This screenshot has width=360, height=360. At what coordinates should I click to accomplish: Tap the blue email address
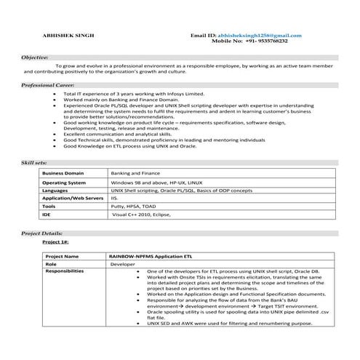[x=254, y=35]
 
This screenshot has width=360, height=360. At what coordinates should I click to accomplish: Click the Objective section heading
[x=36, y=56]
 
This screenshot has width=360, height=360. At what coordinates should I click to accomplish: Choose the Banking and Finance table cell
[x=135, y=174]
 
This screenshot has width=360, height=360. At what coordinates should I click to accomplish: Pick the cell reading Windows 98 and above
[x=157, y=183]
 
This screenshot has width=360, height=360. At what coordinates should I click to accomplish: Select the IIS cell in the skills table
[x=114, y=198]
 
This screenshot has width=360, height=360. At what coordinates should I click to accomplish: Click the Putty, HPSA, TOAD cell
[x=133, y=207]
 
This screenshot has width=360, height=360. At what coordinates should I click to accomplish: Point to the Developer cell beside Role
[x=122, y=265]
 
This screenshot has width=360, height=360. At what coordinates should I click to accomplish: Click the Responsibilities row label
[x=64, y=271]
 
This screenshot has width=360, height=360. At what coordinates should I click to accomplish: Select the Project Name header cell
[x=62, y=257]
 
